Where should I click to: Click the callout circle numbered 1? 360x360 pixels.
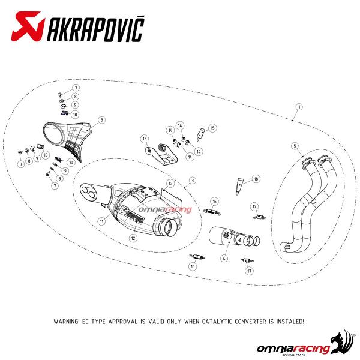click(x=299, y=107)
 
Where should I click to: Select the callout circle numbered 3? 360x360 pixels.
click(x=193, y=181)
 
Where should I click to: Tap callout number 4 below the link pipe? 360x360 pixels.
click(x=224, y=258)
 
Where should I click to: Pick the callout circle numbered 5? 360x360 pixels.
click(x=295, y=146)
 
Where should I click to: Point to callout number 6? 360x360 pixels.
click(x=102, y=120)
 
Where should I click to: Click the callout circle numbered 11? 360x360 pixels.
click(x=102, y=221)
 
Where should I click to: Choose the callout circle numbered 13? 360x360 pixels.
click(x=145, y=139)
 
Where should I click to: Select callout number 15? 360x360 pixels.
click(x=212, y=128)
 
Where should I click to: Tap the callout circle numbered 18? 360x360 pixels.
click(x=256, y=179)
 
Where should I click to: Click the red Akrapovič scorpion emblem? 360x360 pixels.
click(x=28, y=26)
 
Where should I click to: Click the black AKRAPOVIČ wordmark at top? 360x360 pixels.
click(x=96, y=29)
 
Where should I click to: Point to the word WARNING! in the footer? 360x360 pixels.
click(x=67, y=322)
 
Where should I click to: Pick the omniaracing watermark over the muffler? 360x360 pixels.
click(x=165, y=209)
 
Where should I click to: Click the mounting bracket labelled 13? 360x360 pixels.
click(x=161, y=154)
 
